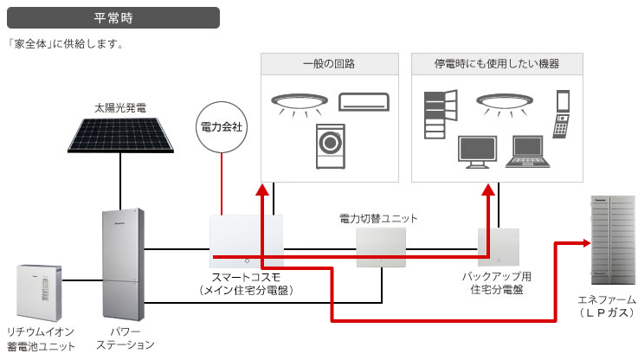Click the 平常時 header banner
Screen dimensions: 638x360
[113, 18]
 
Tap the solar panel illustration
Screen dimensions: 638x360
[120, 135]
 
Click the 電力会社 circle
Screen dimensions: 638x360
[222, 127]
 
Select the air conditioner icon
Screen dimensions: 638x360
[364, 102]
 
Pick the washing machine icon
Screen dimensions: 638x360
[331, 146]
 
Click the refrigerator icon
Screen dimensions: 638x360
[441, 114]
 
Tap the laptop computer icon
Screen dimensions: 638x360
[528, 151]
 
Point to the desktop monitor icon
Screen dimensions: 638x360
[477, 152]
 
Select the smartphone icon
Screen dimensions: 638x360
[563, 100]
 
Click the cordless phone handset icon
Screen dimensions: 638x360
[561, 126]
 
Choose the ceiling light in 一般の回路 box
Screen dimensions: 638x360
[300, 105]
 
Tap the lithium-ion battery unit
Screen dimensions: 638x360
[39, 292]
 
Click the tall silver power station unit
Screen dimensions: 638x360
[123, 265]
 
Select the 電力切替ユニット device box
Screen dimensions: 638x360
[381, 247]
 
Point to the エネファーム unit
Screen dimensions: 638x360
[613, 240]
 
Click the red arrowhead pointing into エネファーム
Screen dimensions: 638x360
[587, 243]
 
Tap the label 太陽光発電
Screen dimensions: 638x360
[120, 108]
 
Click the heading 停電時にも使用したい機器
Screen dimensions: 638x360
[497, 64]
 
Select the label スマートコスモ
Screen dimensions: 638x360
[246, 278]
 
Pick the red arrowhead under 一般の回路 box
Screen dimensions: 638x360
[263, 190]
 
